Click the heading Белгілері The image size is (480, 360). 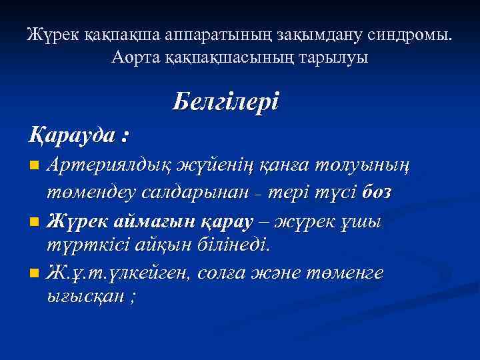(x=225, y=102)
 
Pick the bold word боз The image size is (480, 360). (x=376, y=192)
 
